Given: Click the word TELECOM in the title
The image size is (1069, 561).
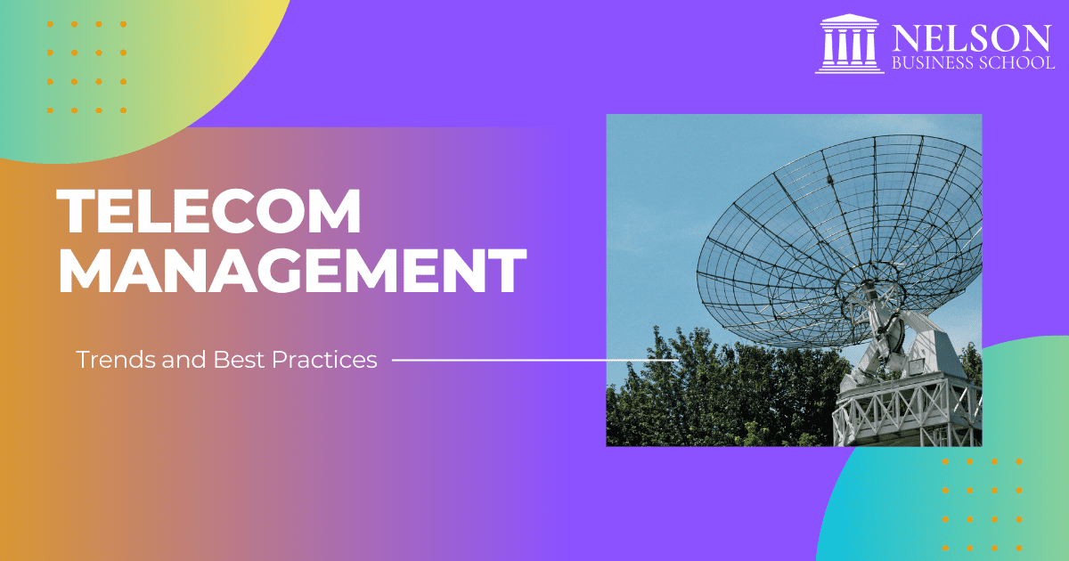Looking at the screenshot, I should point(209,211).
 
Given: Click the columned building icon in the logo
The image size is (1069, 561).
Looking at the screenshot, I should point(849,44).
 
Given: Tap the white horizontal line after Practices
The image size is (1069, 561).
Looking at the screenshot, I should point(499,361).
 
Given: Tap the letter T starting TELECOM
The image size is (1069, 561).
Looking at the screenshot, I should point(76,211).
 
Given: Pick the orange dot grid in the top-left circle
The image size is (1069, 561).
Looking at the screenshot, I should point(86,68).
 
